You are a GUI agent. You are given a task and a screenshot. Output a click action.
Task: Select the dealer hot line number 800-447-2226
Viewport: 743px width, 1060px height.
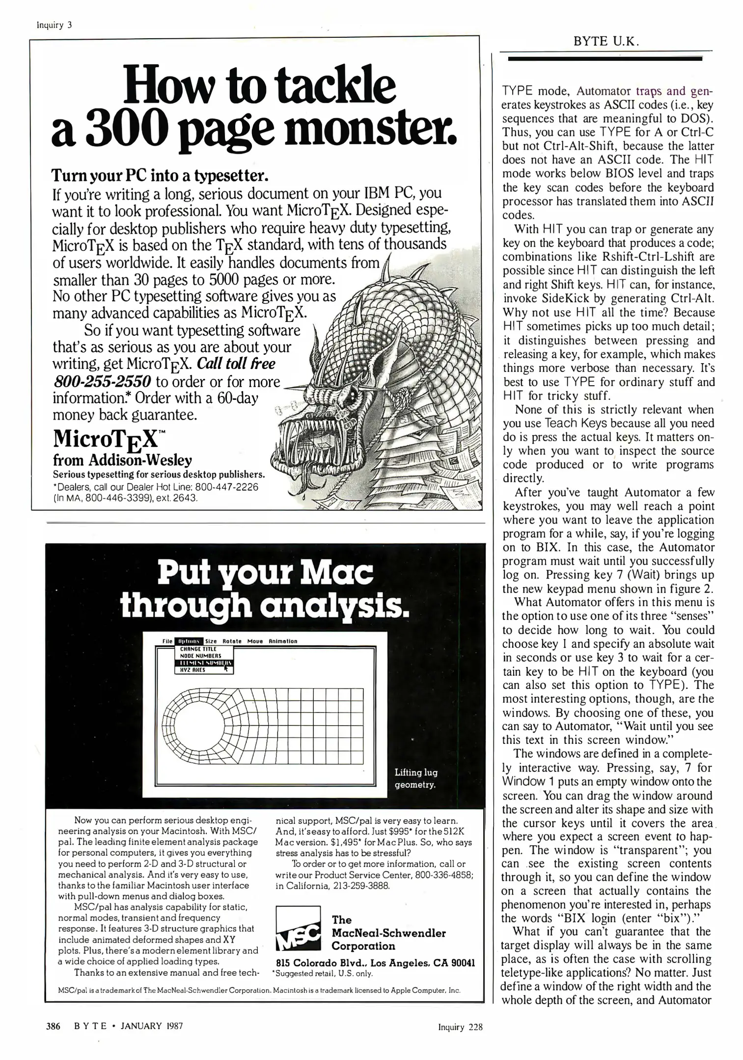(x=226, y=487)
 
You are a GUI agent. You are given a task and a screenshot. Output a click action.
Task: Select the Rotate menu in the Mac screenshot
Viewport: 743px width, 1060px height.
(x=232, y=641)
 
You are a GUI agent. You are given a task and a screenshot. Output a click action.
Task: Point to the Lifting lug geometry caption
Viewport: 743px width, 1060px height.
(x=415, y=779)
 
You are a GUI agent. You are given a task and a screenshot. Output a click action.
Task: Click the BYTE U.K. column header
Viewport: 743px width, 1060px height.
(x=606, y=42)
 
